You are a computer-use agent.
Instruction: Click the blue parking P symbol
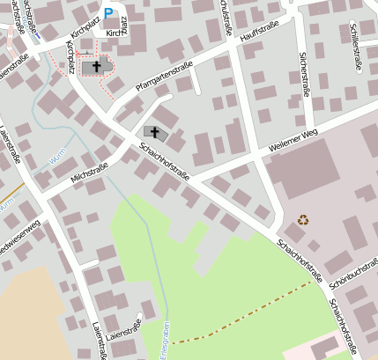click(x=108, y=13)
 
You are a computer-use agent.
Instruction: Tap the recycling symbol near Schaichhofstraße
click(x=303, y=220)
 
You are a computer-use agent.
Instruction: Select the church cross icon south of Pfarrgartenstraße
click(x=155, y=133)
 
